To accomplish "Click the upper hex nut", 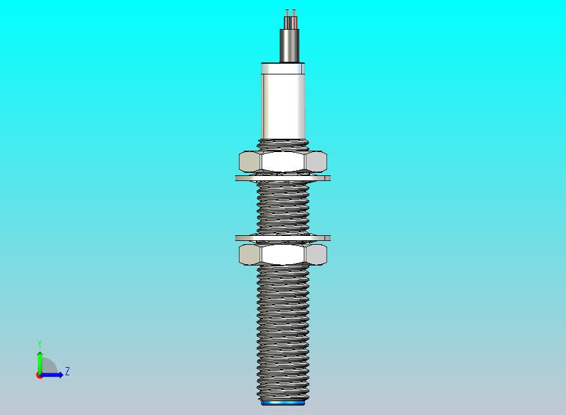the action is point(283,161).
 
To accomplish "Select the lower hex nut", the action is point(283,254).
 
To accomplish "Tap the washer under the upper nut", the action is point(283,178).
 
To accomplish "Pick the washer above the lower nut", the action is point(283,238).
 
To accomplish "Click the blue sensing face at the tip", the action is point(283,402).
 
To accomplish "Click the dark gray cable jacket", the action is point(289,45).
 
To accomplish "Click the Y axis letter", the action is point(40,344).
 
